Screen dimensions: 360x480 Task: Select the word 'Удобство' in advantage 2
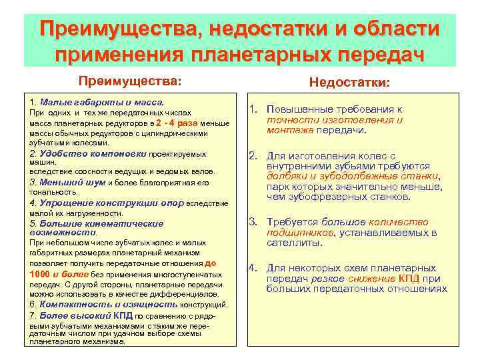[x=58, y=153]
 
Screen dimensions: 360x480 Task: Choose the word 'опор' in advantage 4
[x=168, y=203]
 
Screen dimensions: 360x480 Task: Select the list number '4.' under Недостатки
[x=253, y=268]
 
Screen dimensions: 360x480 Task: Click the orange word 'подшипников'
[x=299, y=232]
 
